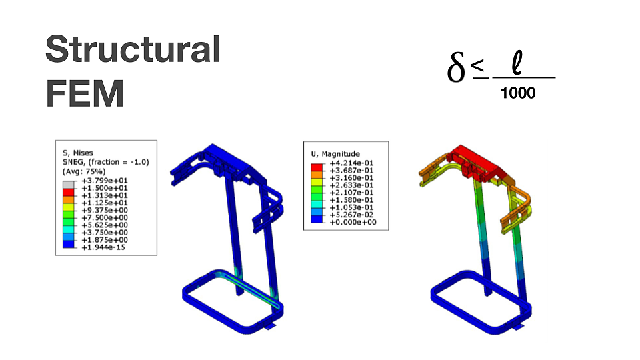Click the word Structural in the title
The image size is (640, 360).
pyautogui.click(x=133, y=49)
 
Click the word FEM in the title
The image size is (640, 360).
pyautogui.click(x=85, y=93)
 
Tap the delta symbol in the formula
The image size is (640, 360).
pyautogui.click(x=456, y=67)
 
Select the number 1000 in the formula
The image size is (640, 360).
pyautogui.click(x=518, y=93)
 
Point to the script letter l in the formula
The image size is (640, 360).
pyautogui.click(x=517, y=63)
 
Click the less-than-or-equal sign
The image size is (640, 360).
pyautogui.click(x=479, y=68)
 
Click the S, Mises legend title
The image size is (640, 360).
pyautogui.click(x=77, y=153)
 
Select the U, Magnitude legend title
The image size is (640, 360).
pyautogui.click(x=335, y=154)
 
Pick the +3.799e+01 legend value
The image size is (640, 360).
pyautogui.click(x=105, y=181)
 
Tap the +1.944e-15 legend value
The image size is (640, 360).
pyautogui.click(x=103, y=247)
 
